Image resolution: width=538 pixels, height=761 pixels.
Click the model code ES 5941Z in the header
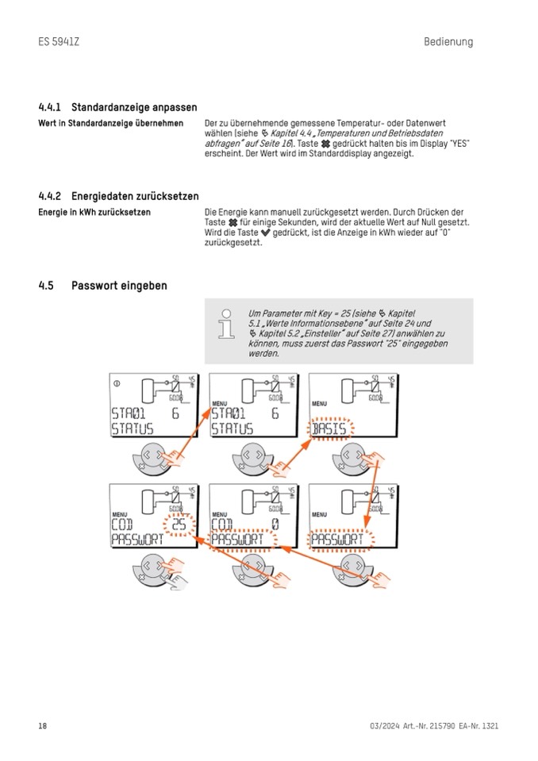(x=58, y=41)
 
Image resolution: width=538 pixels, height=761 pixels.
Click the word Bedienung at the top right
(x=448, y=41)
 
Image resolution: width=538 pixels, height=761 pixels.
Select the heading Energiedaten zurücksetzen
(x=135, y=196)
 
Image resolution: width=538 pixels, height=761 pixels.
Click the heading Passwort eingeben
(x=119, y=286)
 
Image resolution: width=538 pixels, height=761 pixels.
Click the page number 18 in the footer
(x=43, y=726)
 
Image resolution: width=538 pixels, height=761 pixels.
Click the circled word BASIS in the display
(x=332, y=429)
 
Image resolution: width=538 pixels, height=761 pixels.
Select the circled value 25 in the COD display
(x=179, y=525)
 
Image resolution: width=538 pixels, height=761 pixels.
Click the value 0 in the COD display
(x=275, y=525)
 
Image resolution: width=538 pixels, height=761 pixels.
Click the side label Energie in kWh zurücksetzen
(x=94, y=213)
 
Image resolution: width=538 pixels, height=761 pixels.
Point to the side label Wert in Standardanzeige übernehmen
(x=110, y=124)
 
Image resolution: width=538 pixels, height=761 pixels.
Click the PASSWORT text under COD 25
(x=136, y=540)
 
